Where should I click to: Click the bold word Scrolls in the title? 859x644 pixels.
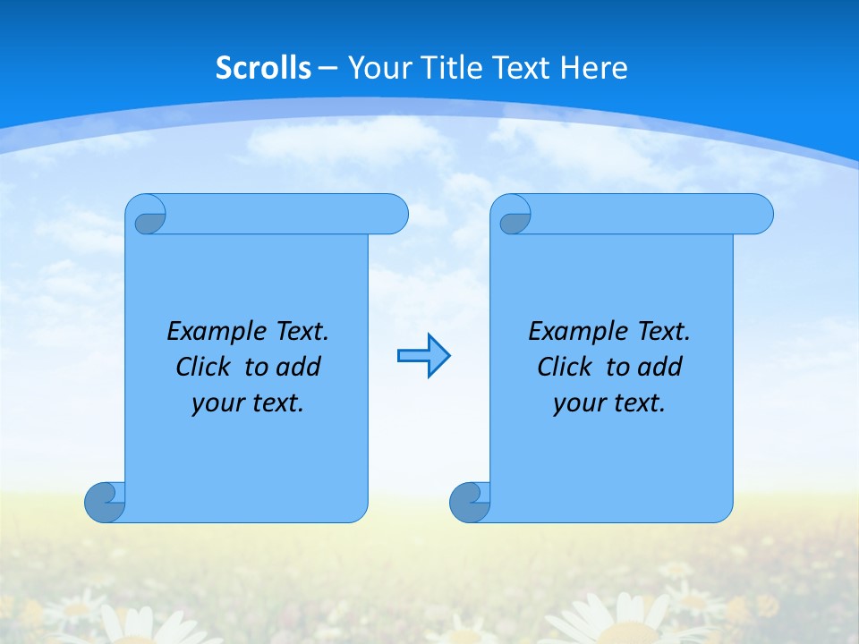264,68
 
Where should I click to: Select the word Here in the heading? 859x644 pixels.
594,68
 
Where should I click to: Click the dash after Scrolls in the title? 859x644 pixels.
328,68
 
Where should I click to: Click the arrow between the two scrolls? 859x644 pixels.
423,356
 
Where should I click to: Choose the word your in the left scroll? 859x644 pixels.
217,403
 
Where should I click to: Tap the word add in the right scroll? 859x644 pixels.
659,367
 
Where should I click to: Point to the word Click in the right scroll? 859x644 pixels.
564,367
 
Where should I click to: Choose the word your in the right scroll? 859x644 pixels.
579,403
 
